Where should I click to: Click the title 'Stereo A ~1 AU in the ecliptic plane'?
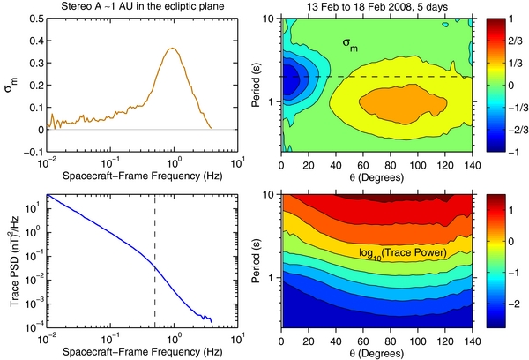(x=141, y=7)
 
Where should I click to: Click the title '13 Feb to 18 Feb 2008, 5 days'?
(x=379, y=7)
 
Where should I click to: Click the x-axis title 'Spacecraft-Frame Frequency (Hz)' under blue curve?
(x=141, y=351)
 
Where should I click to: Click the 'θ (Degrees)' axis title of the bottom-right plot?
(x=379, y=351)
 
